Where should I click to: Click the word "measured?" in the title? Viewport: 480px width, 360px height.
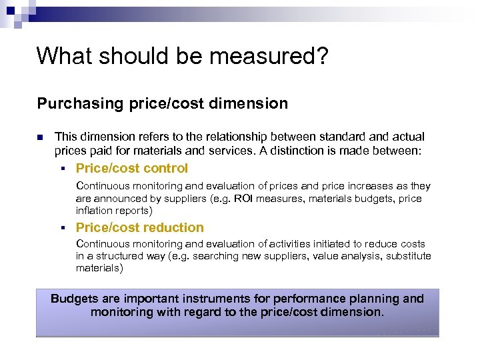coord(275,56)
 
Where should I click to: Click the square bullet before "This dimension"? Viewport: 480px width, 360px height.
coord(39,137)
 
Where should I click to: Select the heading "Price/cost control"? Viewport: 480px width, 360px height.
coord(132,169)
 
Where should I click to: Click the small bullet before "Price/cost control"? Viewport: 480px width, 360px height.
coord(61,169)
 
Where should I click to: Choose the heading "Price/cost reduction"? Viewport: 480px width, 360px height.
coord(140,227)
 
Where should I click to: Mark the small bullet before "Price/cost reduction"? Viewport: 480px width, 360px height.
coord(61,228)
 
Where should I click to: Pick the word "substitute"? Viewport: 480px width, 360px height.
coord(409,256)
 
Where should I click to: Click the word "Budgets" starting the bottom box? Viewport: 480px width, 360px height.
coord(76,299)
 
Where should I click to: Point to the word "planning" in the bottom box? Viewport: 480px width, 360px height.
coord(373,299)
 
